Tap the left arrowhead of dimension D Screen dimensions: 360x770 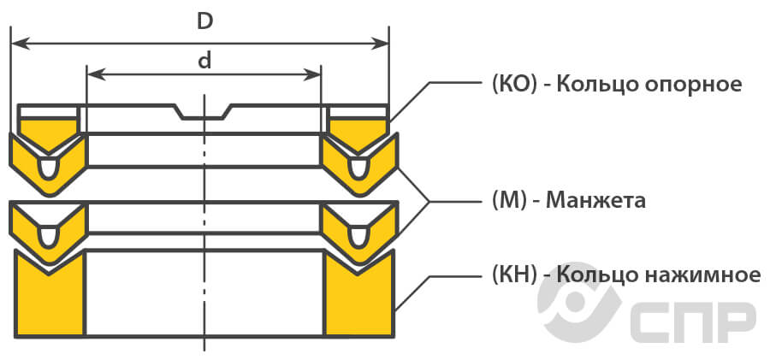17,42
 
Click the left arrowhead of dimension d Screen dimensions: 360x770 93,74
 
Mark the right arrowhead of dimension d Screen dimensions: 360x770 314,74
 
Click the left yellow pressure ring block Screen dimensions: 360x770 50,299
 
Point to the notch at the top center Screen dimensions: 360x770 204,113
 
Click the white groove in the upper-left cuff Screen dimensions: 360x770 49,167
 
